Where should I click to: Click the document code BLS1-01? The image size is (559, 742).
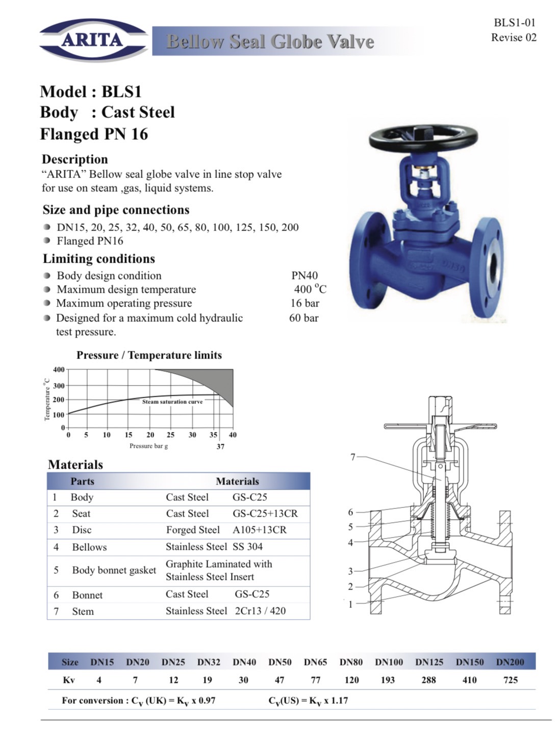[514, 22]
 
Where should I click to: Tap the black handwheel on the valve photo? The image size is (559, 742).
[423, 136]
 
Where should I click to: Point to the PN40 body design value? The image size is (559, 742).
[304, 275]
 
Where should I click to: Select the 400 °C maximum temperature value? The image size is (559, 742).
[310, 289]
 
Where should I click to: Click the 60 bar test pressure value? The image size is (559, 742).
[303, 318]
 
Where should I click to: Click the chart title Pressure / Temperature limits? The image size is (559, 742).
[149, 355]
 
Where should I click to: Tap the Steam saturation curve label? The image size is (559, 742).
[172, 402]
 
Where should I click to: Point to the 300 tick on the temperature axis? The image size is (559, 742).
[59, 386]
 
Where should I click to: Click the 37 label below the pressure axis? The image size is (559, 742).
[220, 446]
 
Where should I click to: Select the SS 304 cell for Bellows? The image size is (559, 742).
[247, 547]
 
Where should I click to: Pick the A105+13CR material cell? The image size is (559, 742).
[260, 530]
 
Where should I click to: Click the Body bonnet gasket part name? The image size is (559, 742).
[114, 570]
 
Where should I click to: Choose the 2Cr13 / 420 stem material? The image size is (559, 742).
[260, 610]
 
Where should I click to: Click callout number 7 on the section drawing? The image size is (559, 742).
[352, 457]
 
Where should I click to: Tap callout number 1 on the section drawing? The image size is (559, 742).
[350, 604]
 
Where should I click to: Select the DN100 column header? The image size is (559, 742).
[389, 662]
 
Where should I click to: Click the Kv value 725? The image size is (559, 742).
[511, 680]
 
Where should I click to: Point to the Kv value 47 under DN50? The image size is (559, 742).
[279, 680]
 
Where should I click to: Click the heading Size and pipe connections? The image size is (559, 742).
[116, 210]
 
